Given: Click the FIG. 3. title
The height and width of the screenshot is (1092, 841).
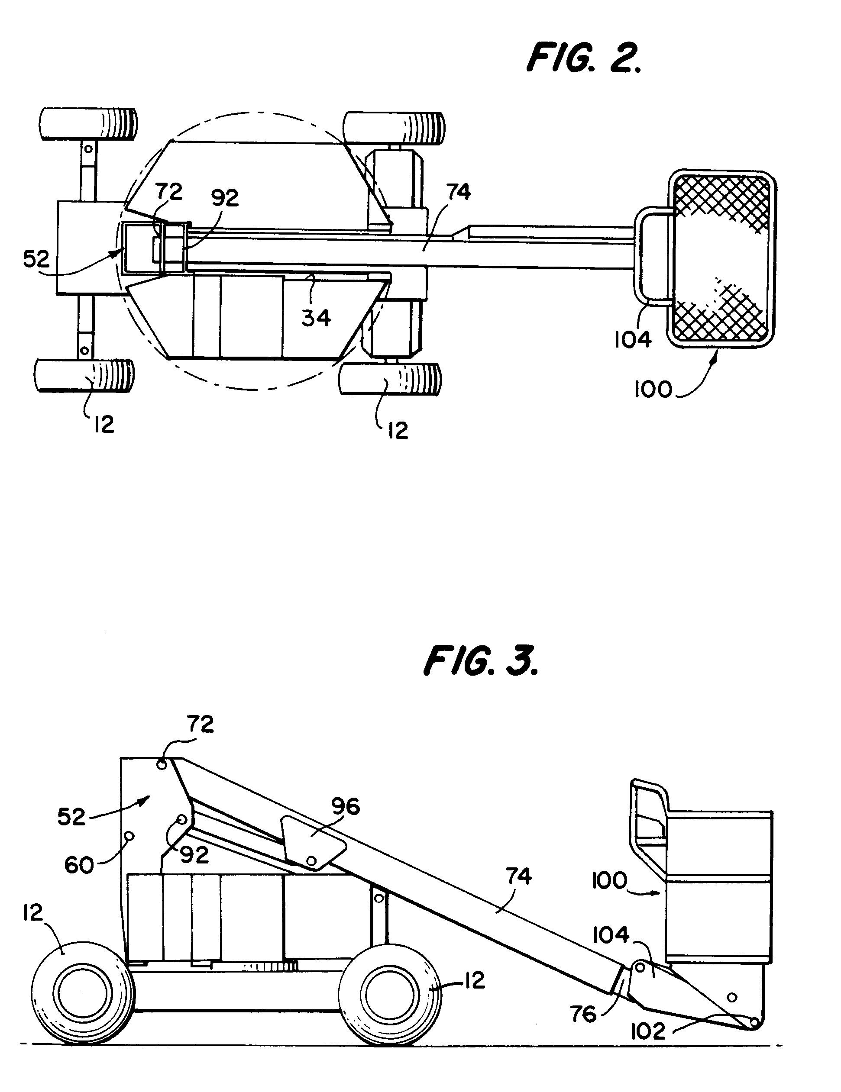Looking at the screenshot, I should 480,661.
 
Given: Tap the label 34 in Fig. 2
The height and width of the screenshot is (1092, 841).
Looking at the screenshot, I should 316,318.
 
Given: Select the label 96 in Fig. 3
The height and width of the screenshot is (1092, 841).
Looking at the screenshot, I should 346,806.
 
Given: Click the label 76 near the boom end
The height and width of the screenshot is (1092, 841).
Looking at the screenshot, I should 583,1015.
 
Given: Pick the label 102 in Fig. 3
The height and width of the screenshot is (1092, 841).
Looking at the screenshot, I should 648,1031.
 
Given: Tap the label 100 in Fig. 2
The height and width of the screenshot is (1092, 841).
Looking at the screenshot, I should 653,390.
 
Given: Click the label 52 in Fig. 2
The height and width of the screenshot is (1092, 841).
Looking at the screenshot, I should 36,259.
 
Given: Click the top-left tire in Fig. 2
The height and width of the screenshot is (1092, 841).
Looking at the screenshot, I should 88,124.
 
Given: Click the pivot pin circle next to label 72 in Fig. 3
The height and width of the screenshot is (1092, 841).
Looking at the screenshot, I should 162,765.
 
